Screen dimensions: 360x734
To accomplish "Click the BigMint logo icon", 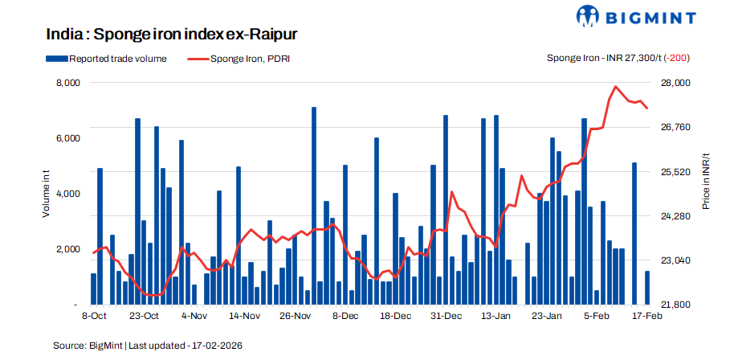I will click(x=588, y=16).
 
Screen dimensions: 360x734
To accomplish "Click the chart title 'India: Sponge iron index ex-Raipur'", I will click(x=173, y=35).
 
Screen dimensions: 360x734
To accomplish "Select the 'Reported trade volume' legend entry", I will click(x=112, y=59).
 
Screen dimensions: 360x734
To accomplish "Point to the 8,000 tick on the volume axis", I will click(x=66, y=83).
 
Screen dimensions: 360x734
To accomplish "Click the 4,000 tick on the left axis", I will click(x=66, y=194).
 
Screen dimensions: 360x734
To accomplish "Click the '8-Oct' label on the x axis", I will click(x=94, y=317).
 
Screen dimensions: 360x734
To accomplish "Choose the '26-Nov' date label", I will click(x=295, y=317).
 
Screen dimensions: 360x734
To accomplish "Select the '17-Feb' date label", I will click(x=646, y=317).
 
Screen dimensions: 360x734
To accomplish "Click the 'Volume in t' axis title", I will click(x=46, y=194).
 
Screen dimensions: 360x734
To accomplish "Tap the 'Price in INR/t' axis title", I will click(x=706, y=182).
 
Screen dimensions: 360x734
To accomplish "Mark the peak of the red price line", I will click(x=615, y=86).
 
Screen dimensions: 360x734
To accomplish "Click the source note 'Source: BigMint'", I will click(x=88, y=345).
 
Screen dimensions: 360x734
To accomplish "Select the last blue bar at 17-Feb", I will click(x=647, y=288).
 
